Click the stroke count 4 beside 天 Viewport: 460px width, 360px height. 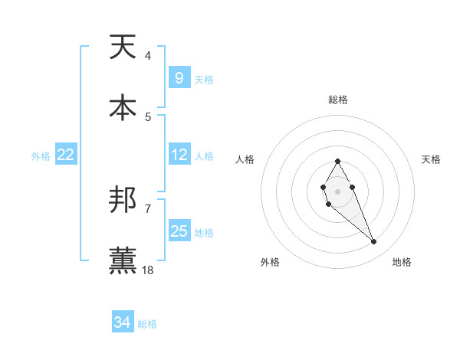click(x=147, y=56)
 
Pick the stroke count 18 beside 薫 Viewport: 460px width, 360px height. click(x=148, y=270)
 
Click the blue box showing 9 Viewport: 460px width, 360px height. click(x=179, y=78)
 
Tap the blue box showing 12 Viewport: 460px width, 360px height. click(x=179, y=155)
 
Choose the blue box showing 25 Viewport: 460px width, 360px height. click(x=179, y=231)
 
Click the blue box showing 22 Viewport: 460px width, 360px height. click(x=66, y=155)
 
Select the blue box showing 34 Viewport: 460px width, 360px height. click(x=123, y=322)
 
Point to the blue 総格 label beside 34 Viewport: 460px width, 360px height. click(x=147, y=324)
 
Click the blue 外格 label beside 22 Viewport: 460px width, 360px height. click(x=41, y=156)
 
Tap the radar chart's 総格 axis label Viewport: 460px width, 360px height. click(x=337, y=100)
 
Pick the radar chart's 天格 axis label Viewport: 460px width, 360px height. click(x=432, y=159)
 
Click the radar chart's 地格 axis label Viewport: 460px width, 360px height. click(x=402, y=262)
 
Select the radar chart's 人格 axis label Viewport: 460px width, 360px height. click(x=245, y=159)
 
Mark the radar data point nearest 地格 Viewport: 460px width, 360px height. click(x=374, y=242)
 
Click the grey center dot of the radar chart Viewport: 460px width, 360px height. click(x=337, y=190)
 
